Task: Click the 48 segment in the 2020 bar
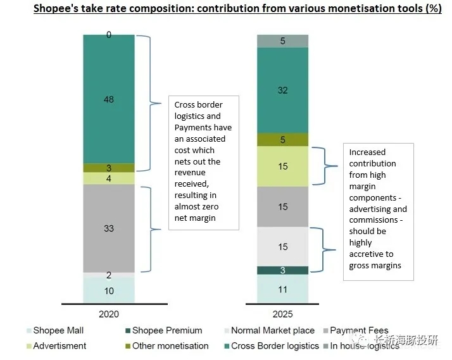point(109,99)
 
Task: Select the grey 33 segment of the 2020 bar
point(109,228)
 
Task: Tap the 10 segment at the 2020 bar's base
point(109,290)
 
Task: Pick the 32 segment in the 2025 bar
point(282,90)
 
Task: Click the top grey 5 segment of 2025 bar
point(282,41)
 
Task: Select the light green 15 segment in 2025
point(282,166)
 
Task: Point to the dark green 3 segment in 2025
point(282,270)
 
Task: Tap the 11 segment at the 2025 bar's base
point(282,289)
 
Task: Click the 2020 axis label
point(109,314)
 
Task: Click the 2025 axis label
point(282,314)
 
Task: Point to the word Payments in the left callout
point(196,127)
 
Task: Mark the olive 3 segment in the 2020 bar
point(109,168)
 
